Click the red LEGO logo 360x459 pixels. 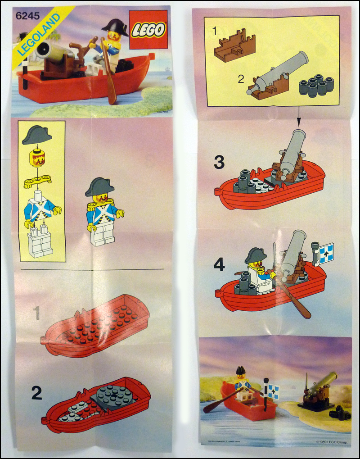click(148, 30)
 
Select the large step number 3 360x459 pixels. click(219, 163)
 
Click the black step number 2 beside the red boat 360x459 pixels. click(36, 393)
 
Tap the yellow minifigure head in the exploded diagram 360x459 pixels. click(37, 159)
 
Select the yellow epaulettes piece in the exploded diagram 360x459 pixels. click(38, 182)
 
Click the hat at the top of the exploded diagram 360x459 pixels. click(37, 135)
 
